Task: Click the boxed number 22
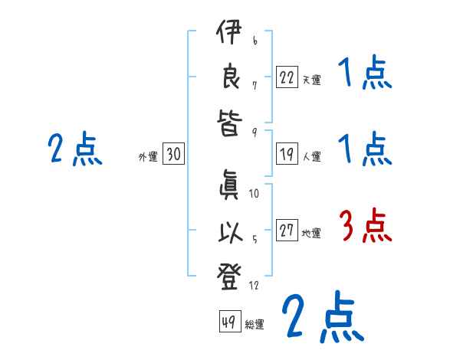click(x=287, y=77)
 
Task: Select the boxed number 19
click(x=287, y=154)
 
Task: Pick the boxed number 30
click(x=173, y=154)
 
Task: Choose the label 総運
click(x=255, y=325)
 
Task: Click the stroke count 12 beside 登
click(x=255, y=286)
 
